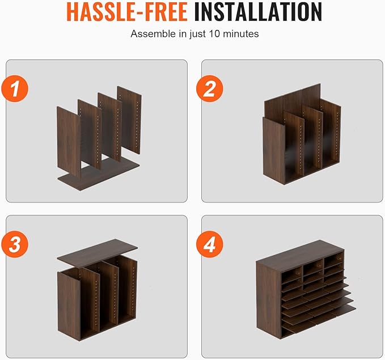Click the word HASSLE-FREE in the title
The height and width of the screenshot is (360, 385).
point(127,11)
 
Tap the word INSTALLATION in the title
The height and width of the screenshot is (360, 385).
point(258,11)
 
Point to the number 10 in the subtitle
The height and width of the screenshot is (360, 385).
point(214,33)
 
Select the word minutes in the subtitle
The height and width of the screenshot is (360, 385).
point(240,33)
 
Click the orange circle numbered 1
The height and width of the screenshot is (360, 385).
point(15,88)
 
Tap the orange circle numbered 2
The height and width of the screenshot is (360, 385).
point(210,88)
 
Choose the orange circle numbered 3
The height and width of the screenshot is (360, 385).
point(15,244)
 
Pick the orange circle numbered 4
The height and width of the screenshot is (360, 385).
point(210,244)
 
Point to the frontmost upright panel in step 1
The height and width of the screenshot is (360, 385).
point(69,141)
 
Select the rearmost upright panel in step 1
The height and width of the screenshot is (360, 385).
point(129,120)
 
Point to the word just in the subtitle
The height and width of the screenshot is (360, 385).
point(198,34)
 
